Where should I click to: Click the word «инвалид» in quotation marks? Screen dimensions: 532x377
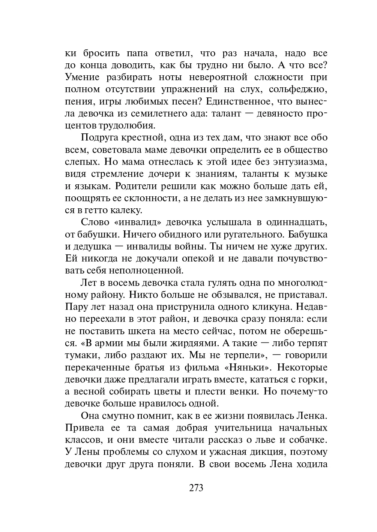137,222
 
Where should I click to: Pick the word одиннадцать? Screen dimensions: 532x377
297,222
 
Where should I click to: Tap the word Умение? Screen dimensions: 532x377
82,77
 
